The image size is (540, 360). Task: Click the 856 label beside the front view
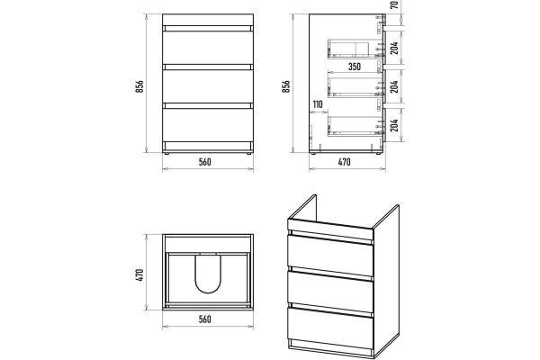point(139,86)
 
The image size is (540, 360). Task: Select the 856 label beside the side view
point(286,86)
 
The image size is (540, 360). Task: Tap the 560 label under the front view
point(204,162)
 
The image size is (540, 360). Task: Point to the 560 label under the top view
point(204,319)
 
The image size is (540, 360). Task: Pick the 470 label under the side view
point(344,162)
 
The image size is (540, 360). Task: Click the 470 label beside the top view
point(139,275)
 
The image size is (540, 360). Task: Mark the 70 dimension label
point(395,4)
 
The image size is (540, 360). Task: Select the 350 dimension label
point(355,67)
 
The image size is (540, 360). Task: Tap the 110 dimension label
point(318,104)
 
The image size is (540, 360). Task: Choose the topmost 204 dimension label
point(395,48)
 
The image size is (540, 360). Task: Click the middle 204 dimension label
point(395,86)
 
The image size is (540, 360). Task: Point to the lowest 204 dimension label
point(395,125)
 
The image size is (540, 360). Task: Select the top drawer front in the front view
point(208,48)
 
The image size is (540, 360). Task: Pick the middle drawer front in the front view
point(208,86)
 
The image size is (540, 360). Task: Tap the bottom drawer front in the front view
point(208,125)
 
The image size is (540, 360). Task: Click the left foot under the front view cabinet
point(167,153)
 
